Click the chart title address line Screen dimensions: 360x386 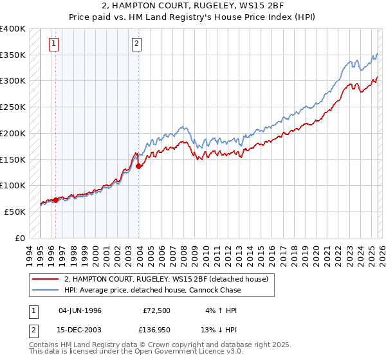coord(193,6)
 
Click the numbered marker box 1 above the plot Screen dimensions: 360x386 coord(53,44)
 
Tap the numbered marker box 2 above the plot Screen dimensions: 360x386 coord(137,44)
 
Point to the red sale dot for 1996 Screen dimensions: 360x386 coord(55,200)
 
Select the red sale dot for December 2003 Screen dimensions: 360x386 coord(139,166)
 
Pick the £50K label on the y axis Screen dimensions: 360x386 coord(15,212)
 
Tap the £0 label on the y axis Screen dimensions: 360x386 coord(21,238)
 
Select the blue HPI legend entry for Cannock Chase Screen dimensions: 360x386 coord(152,290)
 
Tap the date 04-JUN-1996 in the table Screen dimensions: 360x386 coord(80,310)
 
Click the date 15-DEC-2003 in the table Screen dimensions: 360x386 coord(80,330)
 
